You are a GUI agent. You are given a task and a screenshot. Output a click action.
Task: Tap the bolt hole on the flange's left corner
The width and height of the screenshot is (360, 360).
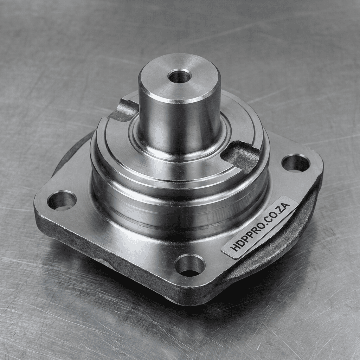point(62,200)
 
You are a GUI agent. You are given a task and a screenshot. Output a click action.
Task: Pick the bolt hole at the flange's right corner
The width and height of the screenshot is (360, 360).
point(296,163)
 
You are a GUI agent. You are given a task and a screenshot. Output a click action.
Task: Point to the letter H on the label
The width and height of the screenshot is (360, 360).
point(234,247)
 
